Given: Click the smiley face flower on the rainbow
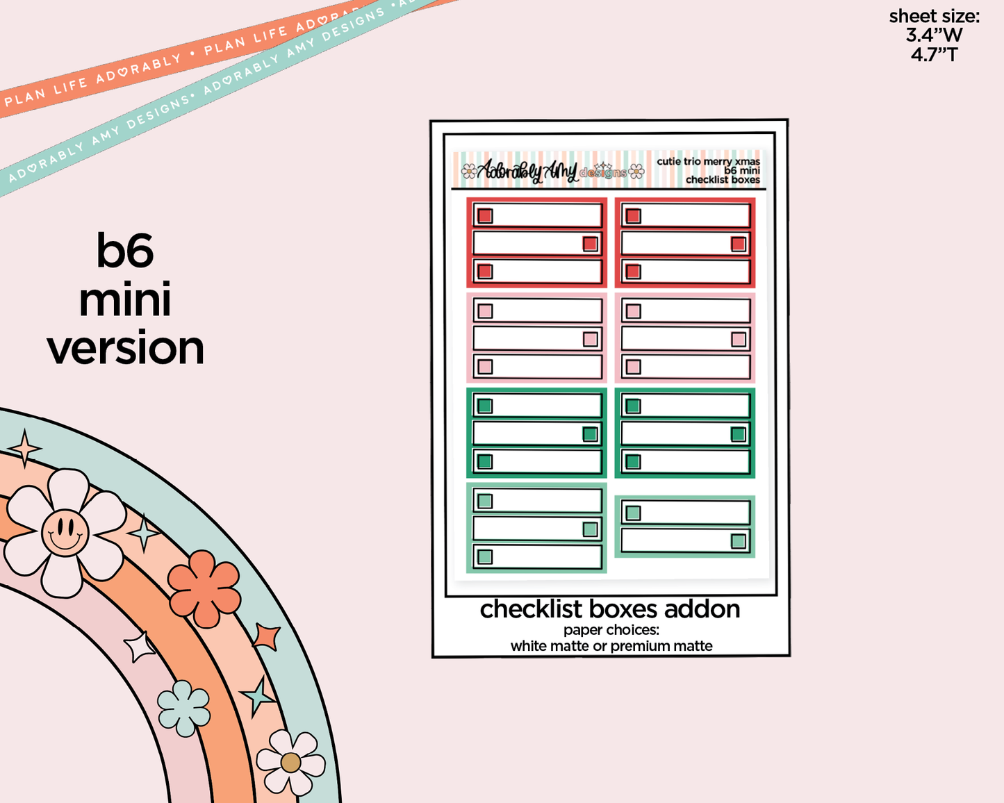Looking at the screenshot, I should (65, 532).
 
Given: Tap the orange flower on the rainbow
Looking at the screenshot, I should (204, 588).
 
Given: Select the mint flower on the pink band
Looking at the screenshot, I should (183, 708).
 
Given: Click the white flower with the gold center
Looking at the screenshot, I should (290, 762).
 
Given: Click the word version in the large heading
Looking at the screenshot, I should (126, 349).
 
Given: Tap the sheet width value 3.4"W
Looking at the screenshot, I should (934, 35).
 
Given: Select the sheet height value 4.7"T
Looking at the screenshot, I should (934, 54).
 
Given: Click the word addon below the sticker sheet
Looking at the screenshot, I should (702, 609).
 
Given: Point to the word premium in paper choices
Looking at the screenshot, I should (636, 646).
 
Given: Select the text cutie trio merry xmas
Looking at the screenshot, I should (708, 161).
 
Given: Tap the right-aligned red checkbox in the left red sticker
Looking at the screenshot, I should (590, 244).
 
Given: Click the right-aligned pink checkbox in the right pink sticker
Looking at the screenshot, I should (738, 339).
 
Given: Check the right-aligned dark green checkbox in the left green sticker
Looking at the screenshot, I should (590, 434).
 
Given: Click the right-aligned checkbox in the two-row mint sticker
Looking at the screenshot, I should (738, 541).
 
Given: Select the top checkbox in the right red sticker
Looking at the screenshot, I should (633, 216).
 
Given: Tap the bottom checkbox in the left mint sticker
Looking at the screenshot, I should (485, 556).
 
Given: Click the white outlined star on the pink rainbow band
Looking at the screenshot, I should (140, 647).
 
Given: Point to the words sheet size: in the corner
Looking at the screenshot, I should (934, 16).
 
